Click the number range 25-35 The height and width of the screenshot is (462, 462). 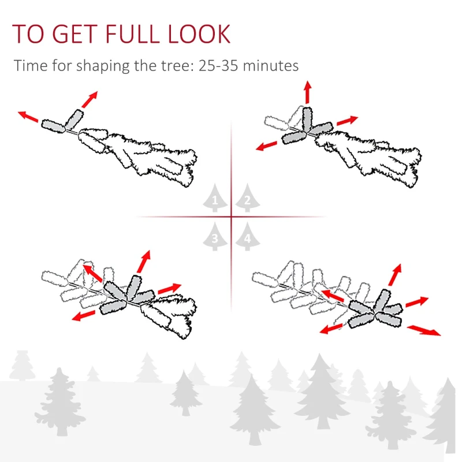click(x=218, y=65)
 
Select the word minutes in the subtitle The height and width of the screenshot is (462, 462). click(x=270, y=65)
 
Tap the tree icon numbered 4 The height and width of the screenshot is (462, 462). click(x=247, y=237)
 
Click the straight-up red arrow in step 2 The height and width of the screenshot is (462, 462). click(x=307, y=92)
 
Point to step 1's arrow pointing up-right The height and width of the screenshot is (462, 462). click(x=90, y=99)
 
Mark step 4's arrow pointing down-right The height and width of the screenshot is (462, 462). click(x=424, y=330)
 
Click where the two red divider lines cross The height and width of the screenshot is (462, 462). click(x=232, y=217)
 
